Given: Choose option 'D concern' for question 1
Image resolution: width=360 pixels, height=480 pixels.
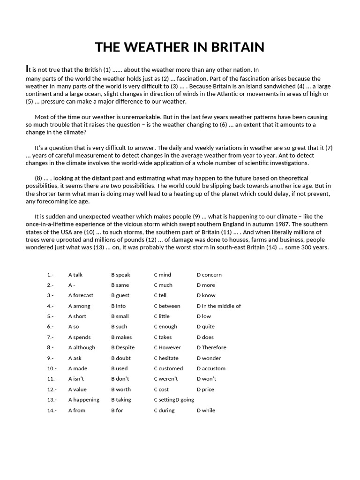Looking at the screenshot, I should [209, 275].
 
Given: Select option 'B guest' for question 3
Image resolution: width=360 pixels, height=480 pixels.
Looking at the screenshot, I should [120, 295].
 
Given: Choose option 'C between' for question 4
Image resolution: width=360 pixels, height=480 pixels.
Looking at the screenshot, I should [167, 306].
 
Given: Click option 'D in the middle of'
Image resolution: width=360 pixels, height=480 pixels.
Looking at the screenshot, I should [218, 306].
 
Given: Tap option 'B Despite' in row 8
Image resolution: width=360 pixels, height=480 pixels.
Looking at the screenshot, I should [123, 347].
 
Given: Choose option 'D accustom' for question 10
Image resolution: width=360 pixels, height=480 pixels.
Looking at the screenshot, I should [211, 368].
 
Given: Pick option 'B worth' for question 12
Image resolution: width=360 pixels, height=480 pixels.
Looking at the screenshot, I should [121, 389].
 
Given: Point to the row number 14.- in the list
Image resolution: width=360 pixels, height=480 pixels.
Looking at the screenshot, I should [52, 410].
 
